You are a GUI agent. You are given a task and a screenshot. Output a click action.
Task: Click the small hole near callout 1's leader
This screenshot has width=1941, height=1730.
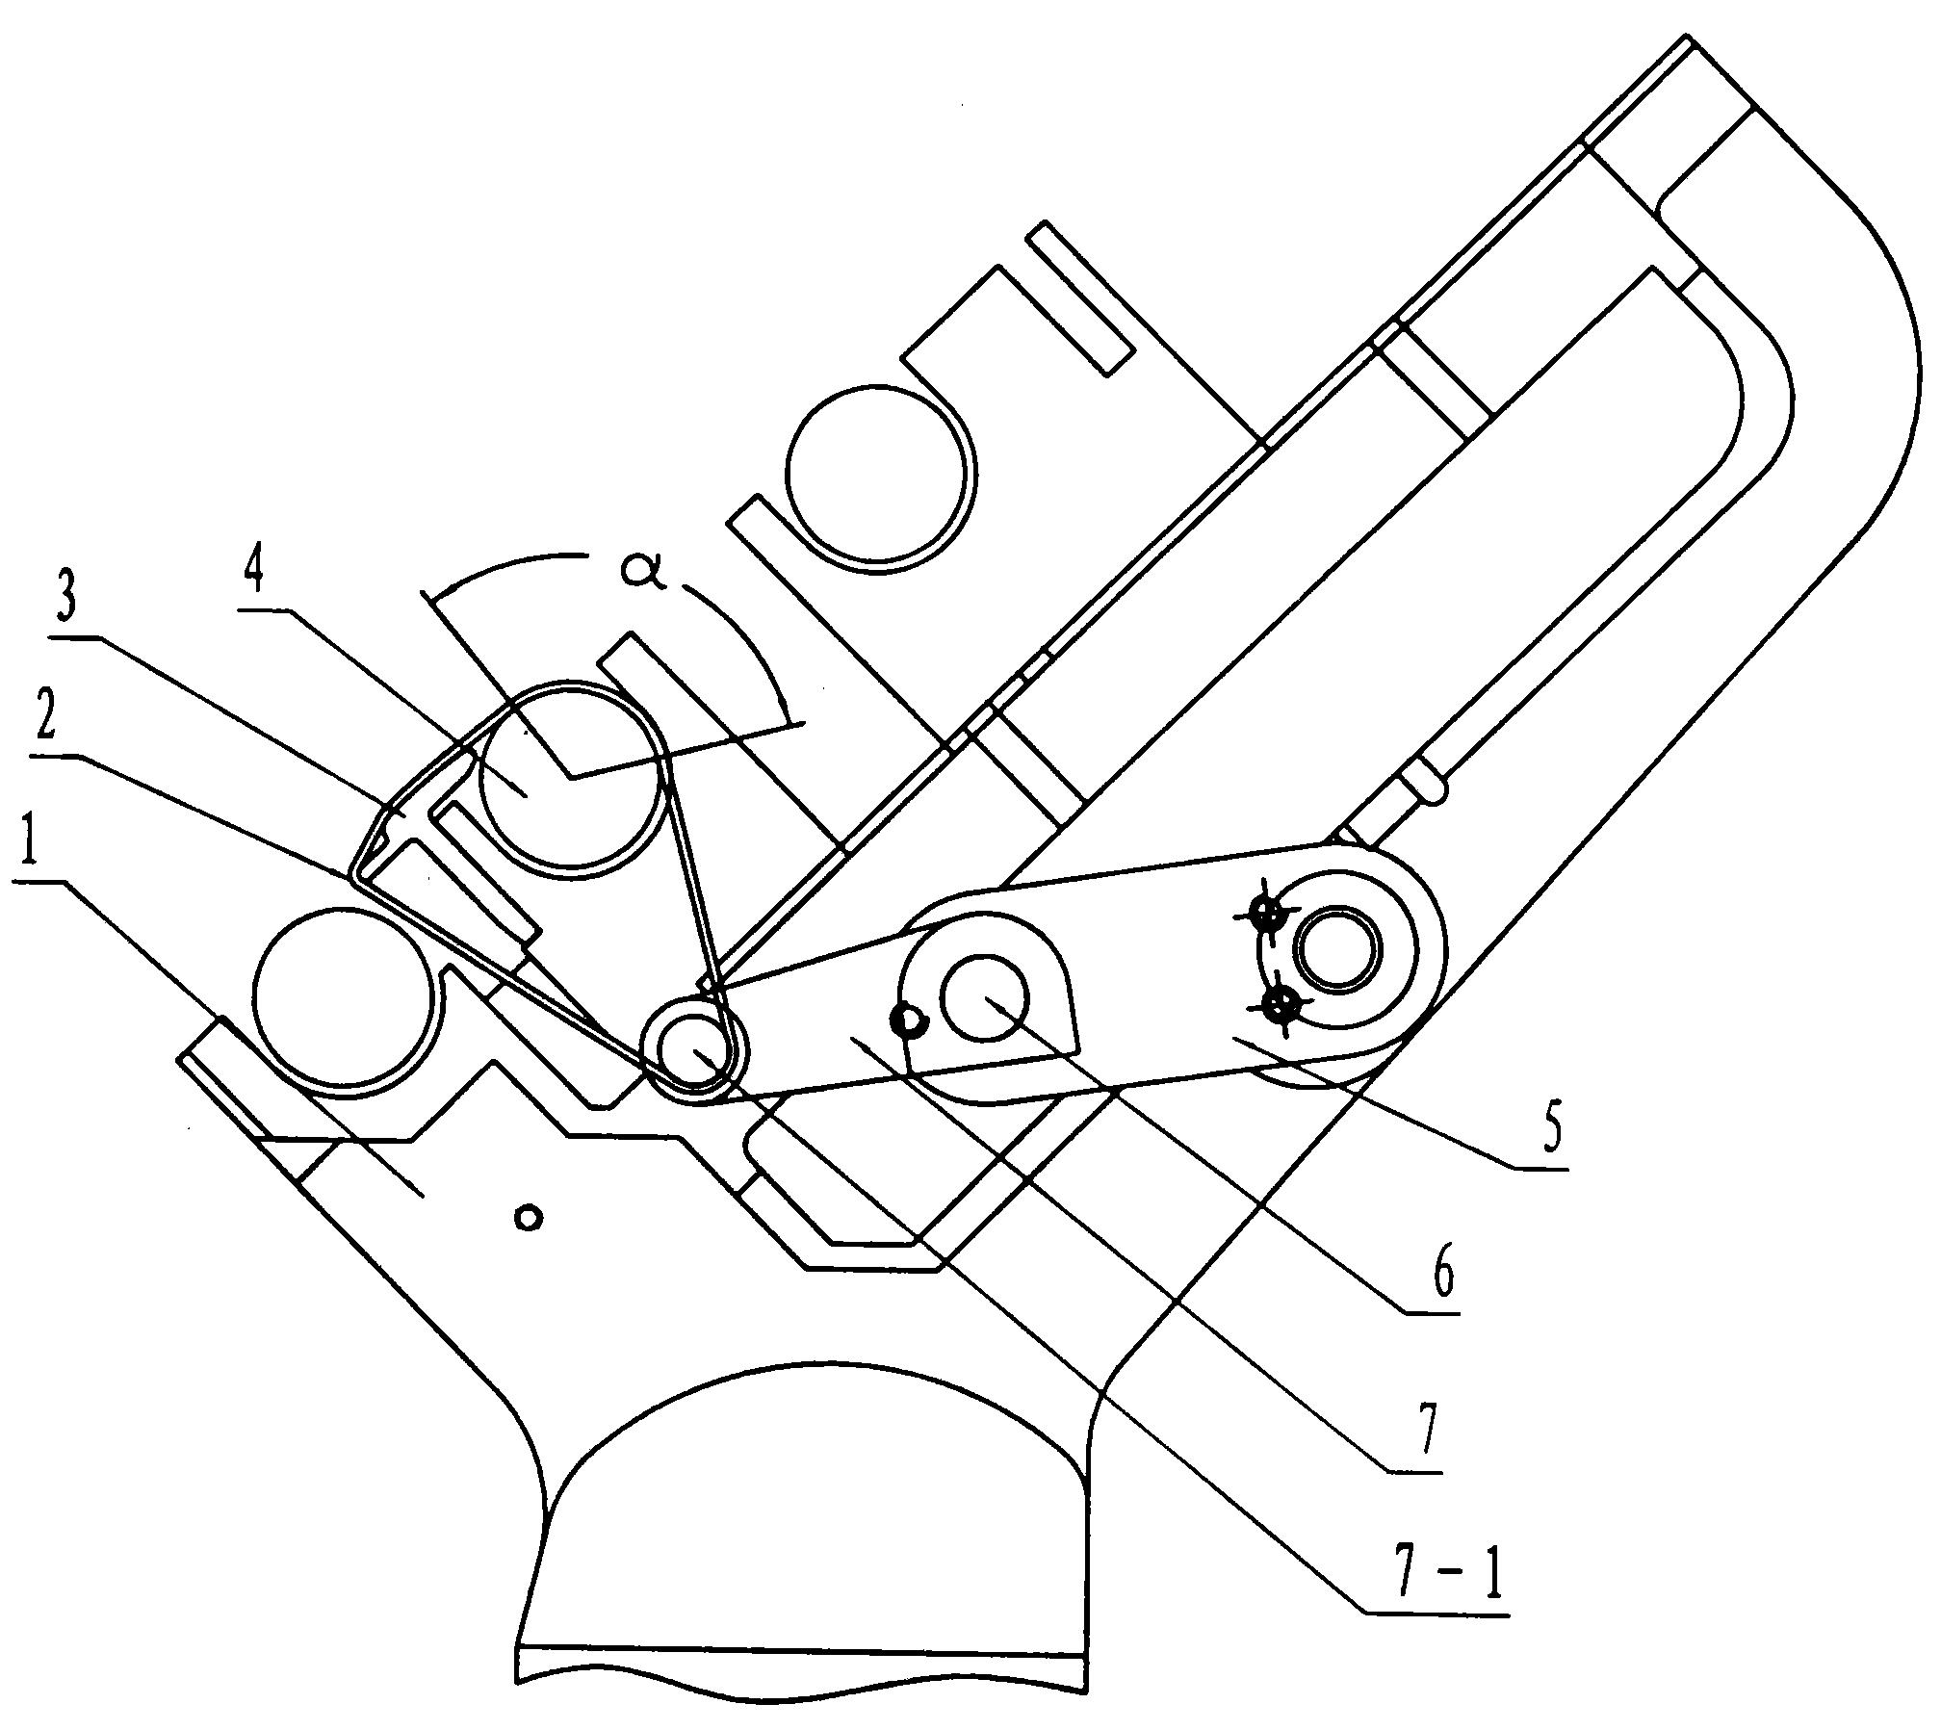pos(528,1218)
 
